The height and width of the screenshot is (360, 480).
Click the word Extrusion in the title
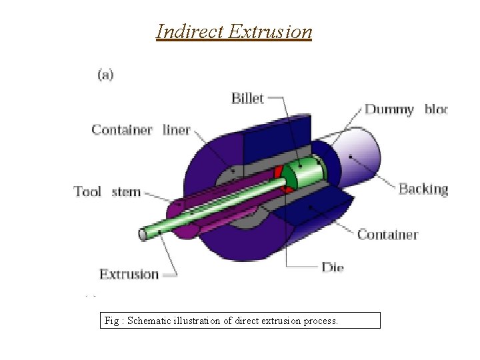point(269,31)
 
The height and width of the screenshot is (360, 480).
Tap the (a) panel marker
point(105,75)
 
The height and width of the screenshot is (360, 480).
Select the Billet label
point(247,99)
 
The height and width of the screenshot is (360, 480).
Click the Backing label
point(423,189)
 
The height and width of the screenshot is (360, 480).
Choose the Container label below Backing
point(387,234)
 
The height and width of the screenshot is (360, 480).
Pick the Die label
point(333,268)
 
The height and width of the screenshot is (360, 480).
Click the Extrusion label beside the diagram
point(129,274)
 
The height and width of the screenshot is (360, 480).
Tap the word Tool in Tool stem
point(87,192)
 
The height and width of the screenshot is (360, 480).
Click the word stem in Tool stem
point(126,192)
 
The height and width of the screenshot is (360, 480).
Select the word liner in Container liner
point(177,130)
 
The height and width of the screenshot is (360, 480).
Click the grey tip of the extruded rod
point(143,234)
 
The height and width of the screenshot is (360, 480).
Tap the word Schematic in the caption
point(148,321)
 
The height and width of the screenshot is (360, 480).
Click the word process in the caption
point(321,321)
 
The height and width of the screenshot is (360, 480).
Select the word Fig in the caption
point(111,321)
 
